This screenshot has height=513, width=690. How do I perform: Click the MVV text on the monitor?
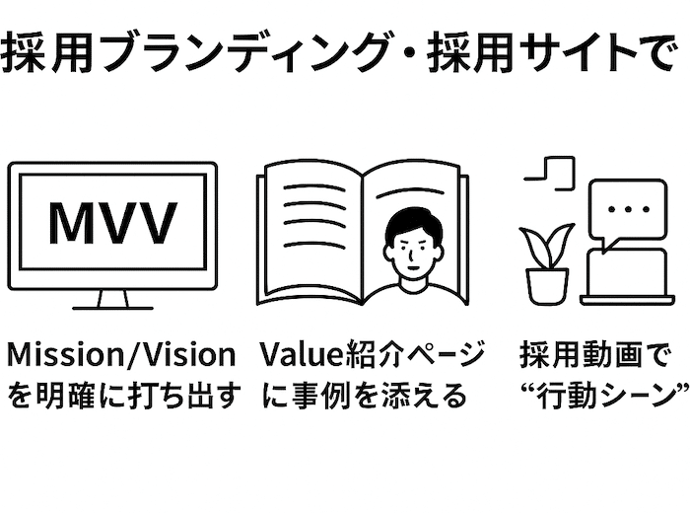click(x=112, y=224)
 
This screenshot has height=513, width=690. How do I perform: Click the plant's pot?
click(x=547, y=285)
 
